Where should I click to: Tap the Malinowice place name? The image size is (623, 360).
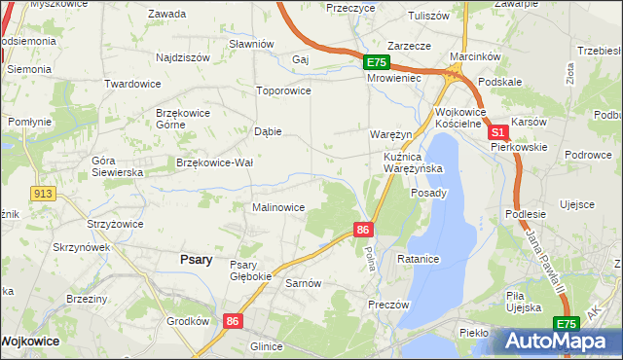[x=278, y=207]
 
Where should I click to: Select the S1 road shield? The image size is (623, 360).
[x=496, y=132]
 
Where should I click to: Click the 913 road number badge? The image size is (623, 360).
[x=41, y=194]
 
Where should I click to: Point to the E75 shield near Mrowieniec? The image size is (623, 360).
[x=377, y=62]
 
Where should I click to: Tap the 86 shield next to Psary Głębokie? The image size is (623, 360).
[x=232, y=320]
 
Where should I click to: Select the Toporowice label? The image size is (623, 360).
[x=282, y=90]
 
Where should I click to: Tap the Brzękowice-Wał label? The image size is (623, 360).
[x=214, y=162]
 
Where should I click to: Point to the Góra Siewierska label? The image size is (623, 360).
[x=117, y=165]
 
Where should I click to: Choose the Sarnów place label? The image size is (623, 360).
[x=303, y=283]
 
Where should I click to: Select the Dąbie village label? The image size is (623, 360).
[x=268, y=131]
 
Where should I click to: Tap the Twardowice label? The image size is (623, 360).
[x=132, y=84]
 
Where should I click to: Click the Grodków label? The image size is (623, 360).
[x=188, y=321]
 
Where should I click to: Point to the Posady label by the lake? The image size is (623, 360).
[x=429, y=193]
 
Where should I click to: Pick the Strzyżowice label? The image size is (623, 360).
[x=115, y=224]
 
